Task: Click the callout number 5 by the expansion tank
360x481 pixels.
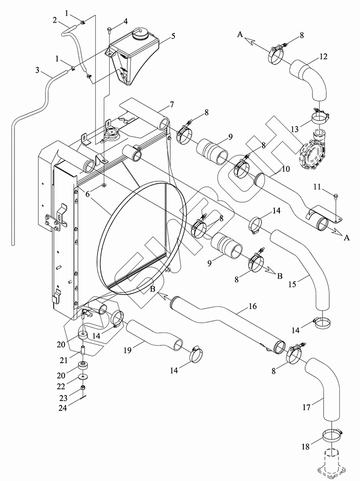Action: [x=173, y=36]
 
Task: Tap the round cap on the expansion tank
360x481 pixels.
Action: [x=140, y=35]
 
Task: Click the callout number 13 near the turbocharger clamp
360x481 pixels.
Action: [x=295, y=129]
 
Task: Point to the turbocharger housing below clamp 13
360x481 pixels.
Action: [x=313, y=152]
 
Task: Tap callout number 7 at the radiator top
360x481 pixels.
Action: [x=172, y=105]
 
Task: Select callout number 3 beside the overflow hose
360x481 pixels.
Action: [x=37, y=70]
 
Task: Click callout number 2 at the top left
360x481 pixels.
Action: [x=55, y=20]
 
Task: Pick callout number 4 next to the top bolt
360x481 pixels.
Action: [x=125, y=21]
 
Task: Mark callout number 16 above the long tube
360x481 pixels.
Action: [x=252, y=306]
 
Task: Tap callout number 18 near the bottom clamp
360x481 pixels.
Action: [x=306, y=447]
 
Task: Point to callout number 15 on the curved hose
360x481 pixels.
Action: [x=292, y=284]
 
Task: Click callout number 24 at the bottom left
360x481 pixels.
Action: [x=63, y=408]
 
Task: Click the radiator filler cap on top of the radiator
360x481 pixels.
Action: [x=111, y=134]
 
